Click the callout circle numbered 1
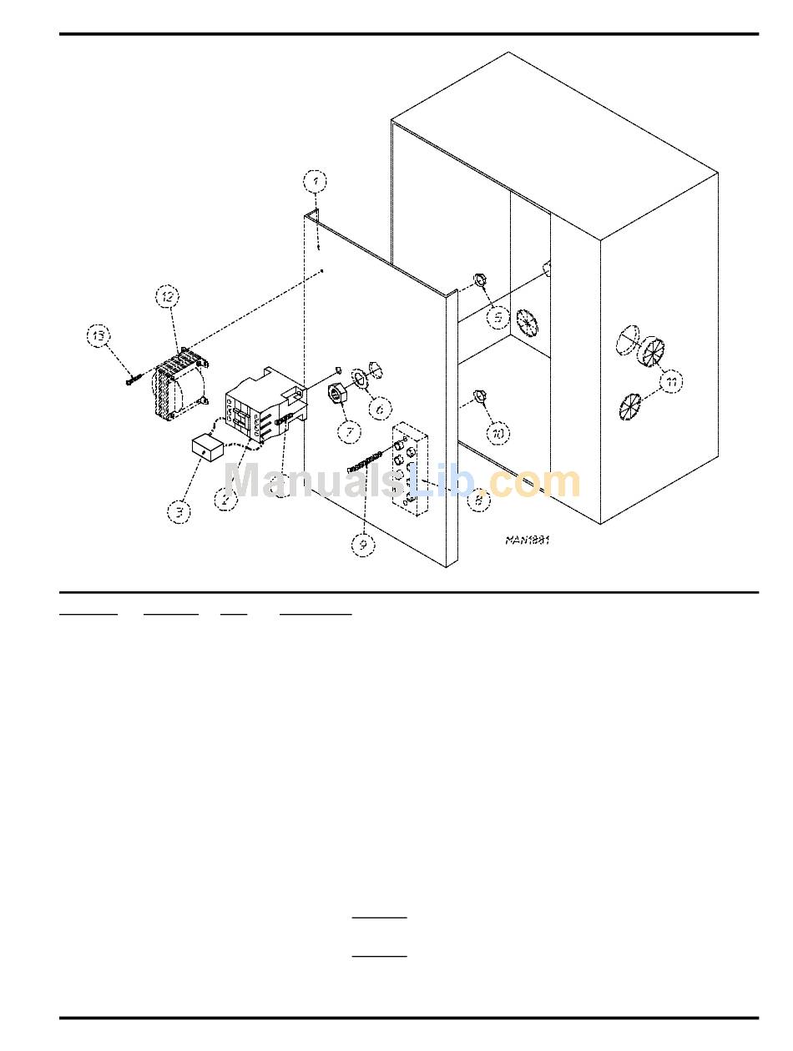pos(315,181)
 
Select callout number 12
pos(167,296)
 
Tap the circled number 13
pos(99,336)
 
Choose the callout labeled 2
pos(225,500)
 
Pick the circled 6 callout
pos(380,409)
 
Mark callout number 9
pos(363,544)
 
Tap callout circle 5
pos(498,317)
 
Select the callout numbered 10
pos(498,434)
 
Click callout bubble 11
pos(672,382)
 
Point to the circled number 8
pos(477,501)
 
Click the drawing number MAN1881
pos(528,540)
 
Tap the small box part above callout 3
pos(205,449)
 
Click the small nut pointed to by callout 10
pos(479,395)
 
